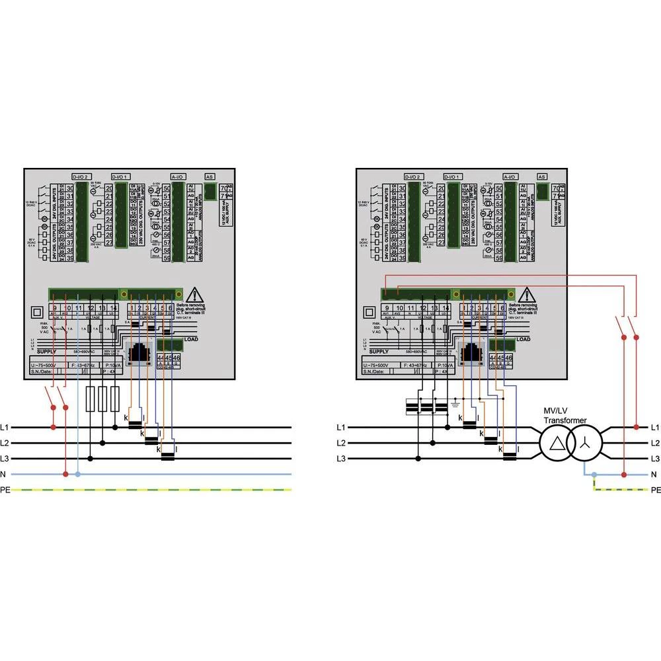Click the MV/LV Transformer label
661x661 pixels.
[564, 416]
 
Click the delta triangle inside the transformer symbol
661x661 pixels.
[558, 443]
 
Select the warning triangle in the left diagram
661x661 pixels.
[194, 295]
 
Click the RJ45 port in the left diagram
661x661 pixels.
[139, 353]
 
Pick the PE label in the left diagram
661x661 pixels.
[8, 490]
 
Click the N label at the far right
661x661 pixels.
[654, 474]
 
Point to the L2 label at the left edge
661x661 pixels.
[8, 443]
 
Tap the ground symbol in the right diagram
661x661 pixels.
[454, 401]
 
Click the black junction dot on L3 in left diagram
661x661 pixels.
[91, 458]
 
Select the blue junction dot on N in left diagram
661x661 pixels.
[78, 474]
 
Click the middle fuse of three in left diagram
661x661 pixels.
[102, 399]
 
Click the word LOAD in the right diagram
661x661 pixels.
[523, 339]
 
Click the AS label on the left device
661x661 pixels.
[210, 177]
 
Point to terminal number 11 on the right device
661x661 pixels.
[410, 308]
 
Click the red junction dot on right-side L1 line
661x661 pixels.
[636, 427]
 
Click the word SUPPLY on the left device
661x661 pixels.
[47, 353]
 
